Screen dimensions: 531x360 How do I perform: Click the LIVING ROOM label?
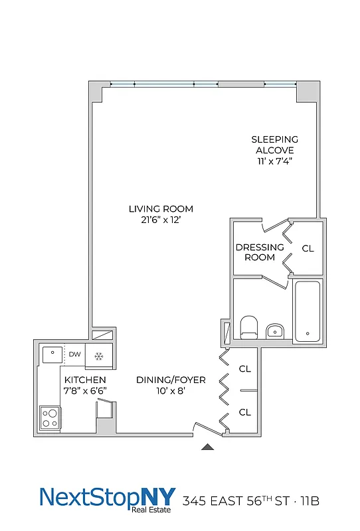161,209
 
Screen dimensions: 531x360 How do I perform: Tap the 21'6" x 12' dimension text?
161,220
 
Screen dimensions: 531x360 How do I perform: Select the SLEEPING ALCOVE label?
274,145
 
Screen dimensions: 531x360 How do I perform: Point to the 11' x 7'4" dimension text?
274,161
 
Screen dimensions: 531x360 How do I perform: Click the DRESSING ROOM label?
260,252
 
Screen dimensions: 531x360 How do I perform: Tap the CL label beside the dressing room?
308,248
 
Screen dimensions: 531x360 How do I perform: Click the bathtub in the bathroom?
308,311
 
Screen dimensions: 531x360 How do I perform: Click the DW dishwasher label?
75,354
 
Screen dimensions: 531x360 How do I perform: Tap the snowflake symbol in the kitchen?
98,356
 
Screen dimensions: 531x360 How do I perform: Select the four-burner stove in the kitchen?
50,417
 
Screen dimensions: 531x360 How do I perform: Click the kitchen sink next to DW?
50,354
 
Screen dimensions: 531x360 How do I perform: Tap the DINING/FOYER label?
171,380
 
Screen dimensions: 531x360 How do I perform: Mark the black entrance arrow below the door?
208,448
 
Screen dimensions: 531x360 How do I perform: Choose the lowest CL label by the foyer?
245,412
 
